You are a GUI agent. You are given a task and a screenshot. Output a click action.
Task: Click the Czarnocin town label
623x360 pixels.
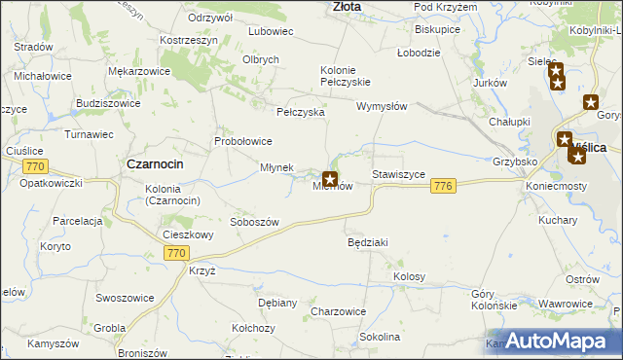(x=156, y=164)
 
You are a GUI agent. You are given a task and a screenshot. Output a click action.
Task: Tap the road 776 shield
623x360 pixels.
(x=444, y=186)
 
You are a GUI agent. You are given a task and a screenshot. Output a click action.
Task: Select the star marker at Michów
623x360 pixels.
(x=330, y=179)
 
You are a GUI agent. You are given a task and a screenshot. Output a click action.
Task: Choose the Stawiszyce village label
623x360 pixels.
(x=399, y=175)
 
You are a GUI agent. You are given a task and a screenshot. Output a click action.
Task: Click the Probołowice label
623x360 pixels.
(x=243, y=141)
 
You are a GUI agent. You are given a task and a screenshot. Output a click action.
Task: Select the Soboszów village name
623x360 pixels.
(x=254, y=222)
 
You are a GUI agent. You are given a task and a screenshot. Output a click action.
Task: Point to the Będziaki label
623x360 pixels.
(x=368, y=241)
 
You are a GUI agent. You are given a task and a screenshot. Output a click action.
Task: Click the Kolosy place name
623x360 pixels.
(x=410, y=277)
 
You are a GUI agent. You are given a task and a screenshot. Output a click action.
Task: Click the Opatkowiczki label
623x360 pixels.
(x=54, y=183)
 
